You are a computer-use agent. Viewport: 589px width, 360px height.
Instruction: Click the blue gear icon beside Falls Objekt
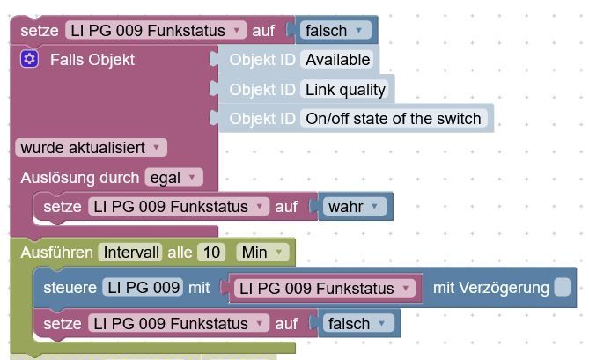click(x=30, y=59)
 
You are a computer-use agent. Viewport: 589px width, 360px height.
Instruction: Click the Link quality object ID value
click(x=345, y=89)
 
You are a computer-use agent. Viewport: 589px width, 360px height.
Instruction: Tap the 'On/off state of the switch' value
click(x=393, y=118)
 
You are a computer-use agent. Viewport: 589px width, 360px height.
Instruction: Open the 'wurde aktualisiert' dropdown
click(x=91, y=148)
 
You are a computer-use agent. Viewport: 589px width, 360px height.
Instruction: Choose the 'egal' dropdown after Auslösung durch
click(x=173, y=177)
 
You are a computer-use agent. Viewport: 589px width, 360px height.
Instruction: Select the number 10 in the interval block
click(x=211, y=253)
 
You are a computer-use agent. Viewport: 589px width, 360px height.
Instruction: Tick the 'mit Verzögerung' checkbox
click(x=562, y=287)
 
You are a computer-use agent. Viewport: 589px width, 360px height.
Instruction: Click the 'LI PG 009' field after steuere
click(x=142, y=288)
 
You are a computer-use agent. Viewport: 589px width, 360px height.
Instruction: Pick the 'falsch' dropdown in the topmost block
click(x=335, y=30)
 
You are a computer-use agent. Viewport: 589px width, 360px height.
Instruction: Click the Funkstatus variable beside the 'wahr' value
click(x=179, y=207)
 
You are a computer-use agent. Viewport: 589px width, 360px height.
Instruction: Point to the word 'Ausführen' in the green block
click(x=56, y=253)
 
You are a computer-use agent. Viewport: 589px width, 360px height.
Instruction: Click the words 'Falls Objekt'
click(x=92, y=59)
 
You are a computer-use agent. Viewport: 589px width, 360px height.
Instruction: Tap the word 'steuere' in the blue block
click(x=70, y=288)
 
